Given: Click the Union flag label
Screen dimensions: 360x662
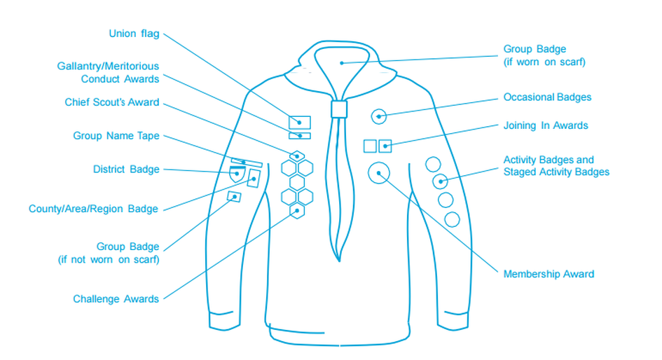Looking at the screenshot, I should click(134, 34).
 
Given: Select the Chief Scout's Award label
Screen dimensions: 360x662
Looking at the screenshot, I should click(112, 102).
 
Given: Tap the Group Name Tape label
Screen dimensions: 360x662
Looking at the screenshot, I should click(116, 135).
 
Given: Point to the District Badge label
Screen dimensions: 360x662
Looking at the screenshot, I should click(126, 169).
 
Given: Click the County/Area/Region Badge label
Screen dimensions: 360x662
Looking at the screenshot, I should click(93, 209).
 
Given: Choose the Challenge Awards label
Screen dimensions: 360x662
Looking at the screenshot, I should click(116, 299).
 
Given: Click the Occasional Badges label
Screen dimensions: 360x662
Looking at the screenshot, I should click(547, 97).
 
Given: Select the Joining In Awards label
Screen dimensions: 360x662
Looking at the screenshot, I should click(546, 125).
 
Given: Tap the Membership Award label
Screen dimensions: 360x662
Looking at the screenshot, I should click(549, 274).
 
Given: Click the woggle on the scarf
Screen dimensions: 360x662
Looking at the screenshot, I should click(339, 109).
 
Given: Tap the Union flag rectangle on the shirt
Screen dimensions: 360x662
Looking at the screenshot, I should click(300, 122).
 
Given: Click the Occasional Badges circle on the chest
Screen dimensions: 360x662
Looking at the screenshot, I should click(379, 116).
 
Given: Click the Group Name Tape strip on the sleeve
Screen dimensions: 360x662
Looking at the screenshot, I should click(247, 162).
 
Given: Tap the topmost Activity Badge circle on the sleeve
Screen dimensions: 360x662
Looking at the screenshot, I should click(433, 165).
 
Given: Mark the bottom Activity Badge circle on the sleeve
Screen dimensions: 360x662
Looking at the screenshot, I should click(453, 219).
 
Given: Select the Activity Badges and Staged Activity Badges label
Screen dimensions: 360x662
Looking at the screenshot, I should click(556, 166).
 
